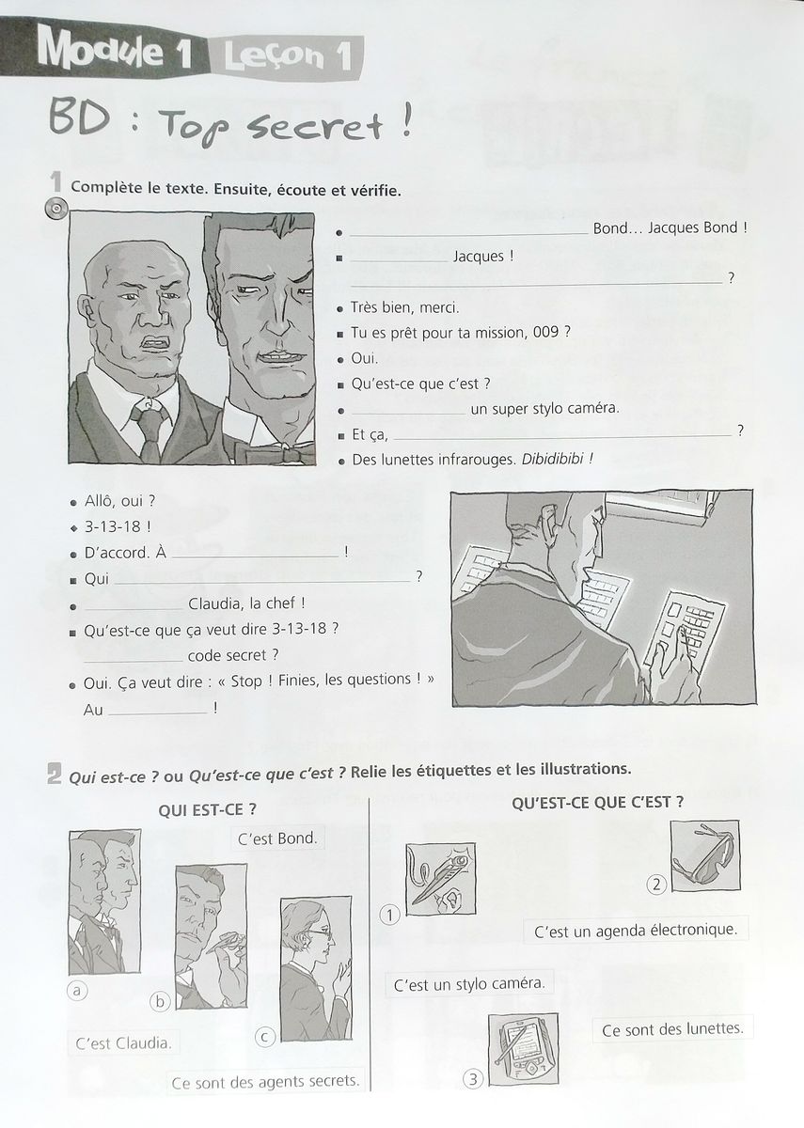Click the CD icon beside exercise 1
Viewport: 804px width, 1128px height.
pos(55,209)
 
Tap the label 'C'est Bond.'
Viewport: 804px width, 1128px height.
pos(277,838)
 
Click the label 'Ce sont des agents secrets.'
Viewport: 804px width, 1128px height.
pos(266,1081)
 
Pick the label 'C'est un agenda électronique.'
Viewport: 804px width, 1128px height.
pos(636,931)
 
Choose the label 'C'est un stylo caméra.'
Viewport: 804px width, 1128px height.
pos(469,984)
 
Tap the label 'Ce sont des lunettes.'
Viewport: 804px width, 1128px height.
pos(671,1028)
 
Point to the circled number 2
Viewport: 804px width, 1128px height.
pos(656,883)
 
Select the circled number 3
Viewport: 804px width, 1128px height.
pos(475,1079)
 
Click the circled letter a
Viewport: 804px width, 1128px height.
pos(77,988)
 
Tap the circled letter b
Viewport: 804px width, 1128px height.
pos(161,1001)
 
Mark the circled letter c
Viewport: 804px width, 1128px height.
pos(265,1036)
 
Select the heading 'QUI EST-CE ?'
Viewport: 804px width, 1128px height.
pos(209,807)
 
